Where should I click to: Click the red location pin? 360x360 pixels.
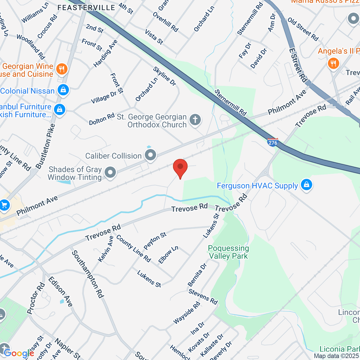[x=180, y=167]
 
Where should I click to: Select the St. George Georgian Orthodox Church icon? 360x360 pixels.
[x=195, y=120]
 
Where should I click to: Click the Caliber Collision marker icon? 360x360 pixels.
[x=150, y=155]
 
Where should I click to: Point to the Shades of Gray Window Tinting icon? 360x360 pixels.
[x=110, y=172]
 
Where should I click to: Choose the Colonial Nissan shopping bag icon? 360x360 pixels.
[x=63, y=90]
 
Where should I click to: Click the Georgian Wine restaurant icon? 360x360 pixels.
[x=62, y=69]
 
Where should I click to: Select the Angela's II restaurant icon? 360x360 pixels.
[x=333, y=64]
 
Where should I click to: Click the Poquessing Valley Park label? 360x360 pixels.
[x=229, y=252]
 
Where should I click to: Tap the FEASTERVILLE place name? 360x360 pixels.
[x=86, y=7]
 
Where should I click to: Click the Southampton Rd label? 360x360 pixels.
[x=88, y=274]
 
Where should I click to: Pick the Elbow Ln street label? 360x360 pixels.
[x=168, y=255]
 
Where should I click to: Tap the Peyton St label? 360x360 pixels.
[x=155, y=241]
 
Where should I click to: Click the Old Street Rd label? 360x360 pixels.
[x=303, y=29]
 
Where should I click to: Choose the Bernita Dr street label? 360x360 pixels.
[x=197, y=275]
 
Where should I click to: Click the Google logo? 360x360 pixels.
[x=19, y=353]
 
